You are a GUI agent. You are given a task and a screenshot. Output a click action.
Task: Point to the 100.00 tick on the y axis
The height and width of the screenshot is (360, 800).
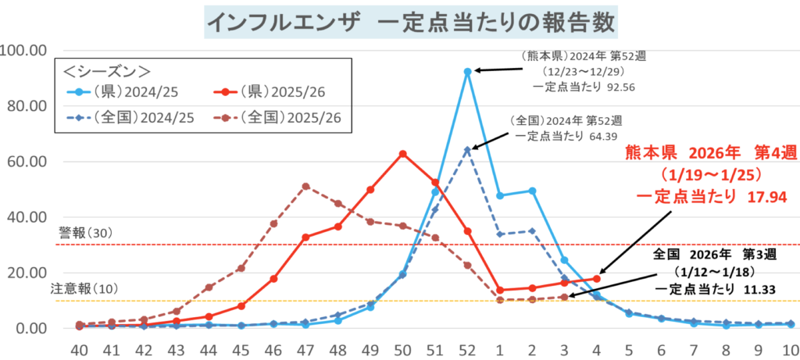point(27,51)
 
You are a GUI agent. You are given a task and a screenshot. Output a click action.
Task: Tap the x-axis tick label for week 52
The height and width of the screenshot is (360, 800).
point(467,348)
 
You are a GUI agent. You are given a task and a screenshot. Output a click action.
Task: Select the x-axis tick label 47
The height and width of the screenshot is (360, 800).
point(305,348)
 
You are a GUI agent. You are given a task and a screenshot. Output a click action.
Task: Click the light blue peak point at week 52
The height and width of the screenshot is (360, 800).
point(467,71)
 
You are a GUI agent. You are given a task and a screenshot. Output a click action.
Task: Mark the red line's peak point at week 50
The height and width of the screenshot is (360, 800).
point(402,154)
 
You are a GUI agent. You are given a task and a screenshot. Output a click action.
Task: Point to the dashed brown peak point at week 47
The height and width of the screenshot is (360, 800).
point(305,186)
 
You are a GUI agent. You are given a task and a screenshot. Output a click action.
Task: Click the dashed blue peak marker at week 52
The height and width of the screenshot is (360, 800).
point(467,149)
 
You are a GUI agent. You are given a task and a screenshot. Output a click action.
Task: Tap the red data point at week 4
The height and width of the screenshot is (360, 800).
point(597,278)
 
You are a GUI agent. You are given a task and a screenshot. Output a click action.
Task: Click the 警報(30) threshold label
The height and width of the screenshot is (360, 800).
point(87,233)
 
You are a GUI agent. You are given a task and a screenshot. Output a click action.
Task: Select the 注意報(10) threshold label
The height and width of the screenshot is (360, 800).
point(84,289)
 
